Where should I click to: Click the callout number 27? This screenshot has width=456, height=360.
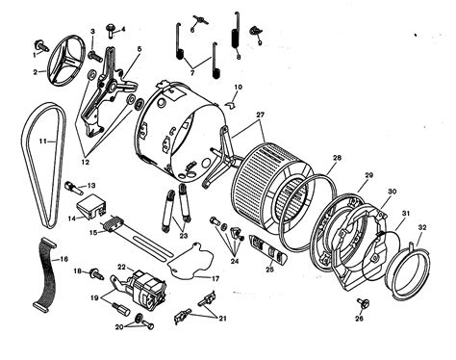tap(259, 115)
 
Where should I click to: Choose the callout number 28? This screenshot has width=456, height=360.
tap(337, 157)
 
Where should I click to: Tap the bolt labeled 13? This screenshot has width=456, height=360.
tap(75, 186)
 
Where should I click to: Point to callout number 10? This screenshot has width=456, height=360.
tap(238, 88)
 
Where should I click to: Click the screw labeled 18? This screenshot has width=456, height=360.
tap(94, 274)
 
